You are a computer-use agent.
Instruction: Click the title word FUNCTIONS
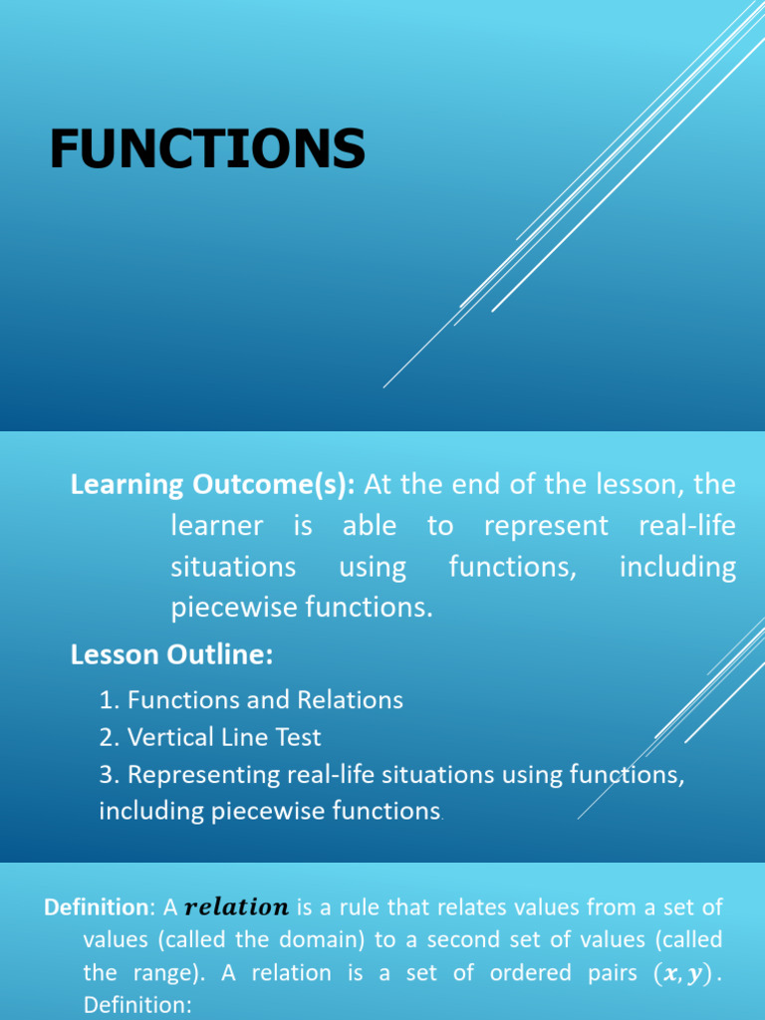207,148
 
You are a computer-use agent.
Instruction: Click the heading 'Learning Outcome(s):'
212,485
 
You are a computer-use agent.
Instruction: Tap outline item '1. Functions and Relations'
251,700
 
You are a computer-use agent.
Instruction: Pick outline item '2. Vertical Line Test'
210,737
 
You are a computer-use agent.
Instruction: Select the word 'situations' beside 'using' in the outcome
233,568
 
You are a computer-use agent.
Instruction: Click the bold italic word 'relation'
236,907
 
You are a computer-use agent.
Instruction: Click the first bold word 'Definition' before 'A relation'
96,907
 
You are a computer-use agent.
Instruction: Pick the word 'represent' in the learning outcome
546,526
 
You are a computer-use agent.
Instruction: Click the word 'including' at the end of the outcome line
677,568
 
